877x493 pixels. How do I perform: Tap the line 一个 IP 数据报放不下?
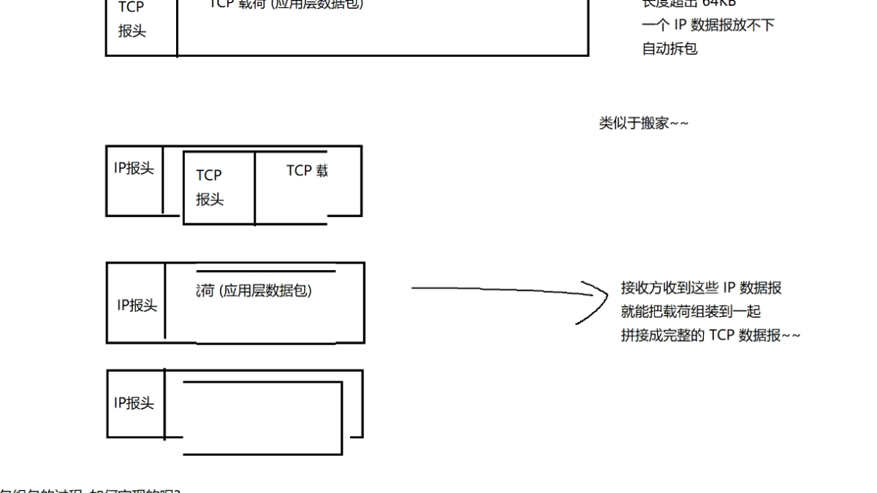[x=707, y=25]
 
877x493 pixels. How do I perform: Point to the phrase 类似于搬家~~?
[x=644, y=124]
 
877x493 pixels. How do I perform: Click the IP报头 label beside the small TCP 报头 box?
[x=134, y=168]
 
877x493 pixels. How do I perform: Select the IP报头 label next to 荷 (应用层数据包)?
[x=137, y=305]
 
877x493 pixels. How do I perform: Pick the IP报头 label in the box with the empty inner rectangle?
[x=134, y=402]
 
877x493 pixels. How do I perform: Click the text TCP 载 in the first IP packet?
[x=307, y=171]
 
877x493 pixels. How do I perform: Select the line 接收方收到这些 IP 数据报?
[x=701, y=288]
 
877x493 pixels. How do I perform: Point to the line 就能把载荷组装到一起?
[x=691, y=312]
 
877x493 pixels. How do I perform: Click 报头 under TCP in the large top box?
[x=132, y=32]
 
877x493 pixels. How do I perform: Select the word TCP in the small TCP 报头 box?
[x=208, y=175]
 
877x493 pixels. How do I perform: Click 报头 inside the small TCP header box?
[x=209, y=199]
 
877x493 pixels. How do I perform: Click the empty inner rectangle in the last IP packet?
[x=262, y=416]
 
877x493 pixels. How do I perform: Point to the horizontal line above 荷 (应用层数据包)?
[x=266, y=272]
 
